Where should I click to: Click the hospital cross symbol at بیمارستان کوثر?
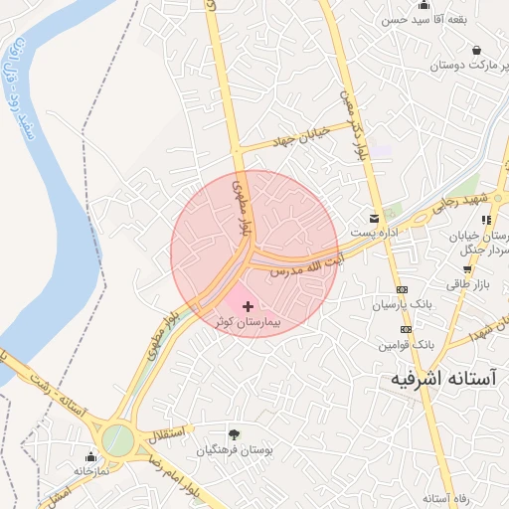tap(248, 306)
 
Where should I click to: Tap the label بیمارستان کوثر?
tap(248, 323)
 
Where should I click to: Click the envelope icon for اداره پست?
tap(374, 218)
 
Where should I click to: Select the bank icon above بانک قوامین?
tap(406, 329)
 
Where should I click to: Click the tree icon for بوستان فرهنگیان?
tap(234, 433)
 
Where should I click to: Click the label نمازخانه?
tap(90, 471)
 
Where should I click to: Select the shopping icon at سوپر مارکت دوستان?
tap(477, 50)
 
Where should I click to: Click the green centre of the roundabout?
tap(117, 439)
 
